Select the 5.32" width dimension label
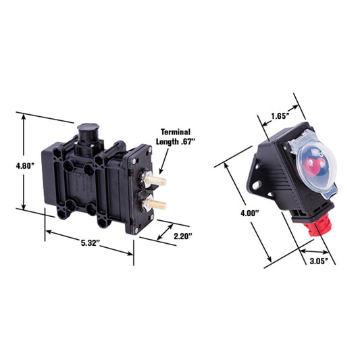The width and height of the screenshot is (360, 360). pyautogui.click(x=91, y=243)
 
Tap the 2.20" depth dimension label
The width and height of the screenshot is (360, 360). pyautogui.click(x=183, y=236)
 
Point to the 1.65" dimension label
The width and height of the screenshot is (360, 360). pyautogui.click(x=280, y=116)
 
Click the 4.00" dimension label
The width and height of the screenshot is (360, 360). pyautogui.click(x=250, y=213)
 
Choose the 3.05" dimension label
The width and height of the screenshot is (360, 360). pyautogui.click(x=319, y=261)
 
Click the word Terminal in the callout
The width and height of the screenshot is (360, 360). pyautogui.click(x=176, y=132)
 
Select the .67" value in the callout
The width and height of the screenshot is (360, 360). pyautogui.click(x=188, y=142)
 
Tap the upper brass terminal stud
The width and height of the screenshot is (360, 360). pyautogui.click(x=157, y=180)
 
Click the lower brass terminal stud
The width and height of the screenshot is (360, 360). pyautogui.click(x=157, y=205)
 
